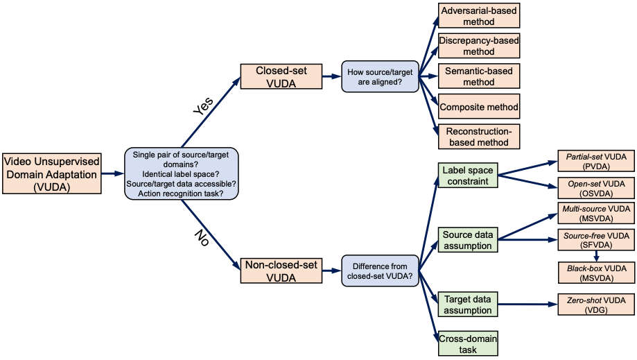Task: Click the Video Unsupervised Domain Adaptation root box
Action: coord(51,174)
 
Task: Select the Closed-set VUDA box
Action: coord(281,77)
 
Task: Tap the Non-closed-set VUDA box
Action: coord(281,271)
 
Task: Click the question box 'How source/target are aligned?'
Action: coord(381,77)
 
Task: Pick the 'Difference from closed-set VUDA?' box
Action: coord(381,271)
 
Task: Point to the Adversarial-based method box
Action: coord(478,17)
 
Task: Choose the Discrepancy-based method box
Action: coord(478,46)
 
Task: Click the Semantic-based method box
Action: coord(478,76)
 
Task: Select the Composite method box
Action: coord(478,107)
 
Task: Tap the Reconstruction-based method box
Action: coord(478,137)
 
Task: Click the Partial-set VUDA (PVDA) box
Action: coord(596,162)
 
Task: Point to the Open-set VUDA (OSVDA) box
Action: coord(596,189)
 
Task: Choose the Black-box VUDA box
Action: coord(596,272)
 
